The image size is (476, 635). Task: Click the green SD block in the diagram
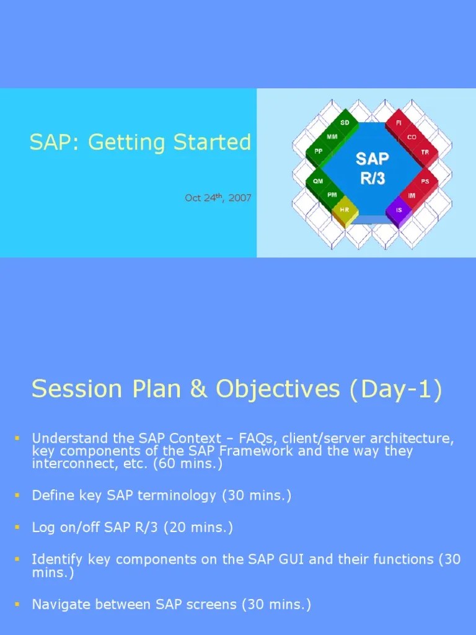pyautogui.click(x=345, y=123)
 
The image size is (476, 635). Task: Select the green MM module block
pyautogui.click(x=332, y=136)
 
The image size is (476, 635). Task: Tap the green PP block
pyautogui.click(x=319, y=151)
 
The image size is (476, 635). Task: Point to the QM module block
pyautogui.click(x=318, y=181)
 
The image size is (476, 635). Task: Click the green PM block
pyautogui.click(x=332, y=195)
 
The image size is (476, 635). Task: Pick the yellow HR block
pyautogui.click(x=345, y=210)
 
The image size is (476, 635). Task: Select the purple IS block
pyautogui.click(x=399, y=210)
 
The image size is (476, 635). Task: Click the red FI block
pyautogui.click(x=399, y=123)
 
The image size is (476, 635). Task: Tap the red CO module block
pyautogui.click(x=412, y=137)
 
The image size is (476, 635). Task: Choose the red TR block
pyautogui.click(x=425, y=152)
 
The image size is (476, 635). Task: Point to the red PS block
pyautogui.click(x=425, y=181)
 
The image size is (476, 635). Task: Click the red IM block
pyautogui.click(x=412, y=195)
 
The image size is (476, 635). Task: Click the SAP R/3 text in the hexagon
pyautogui.click(x=372, y=167)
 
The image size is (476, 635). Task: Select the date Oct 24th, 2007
pyautogui.click(x=218, y=198)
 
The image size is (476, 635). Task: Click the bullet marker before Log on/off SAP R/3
pyautogui.click(x=17, y=527)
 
